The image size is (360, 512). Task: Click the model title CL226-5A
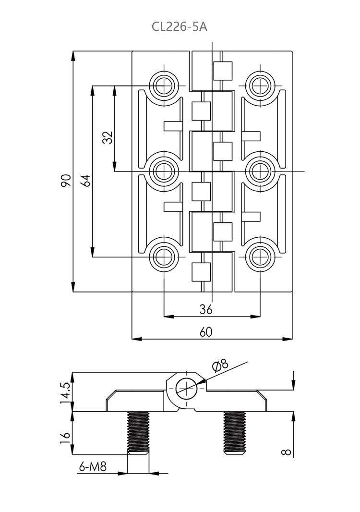(x=180, y=26)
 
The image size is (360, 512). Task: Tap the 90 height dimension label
(x=66, y=180)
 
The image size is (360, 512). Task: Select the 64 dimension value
(x=85, y=180)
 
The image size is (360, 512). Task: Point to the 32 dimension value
(x=108, y=138)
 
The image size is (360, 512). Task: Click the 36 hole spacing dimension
(x=205, y=309)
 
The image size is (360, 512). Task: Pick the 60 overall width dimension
(x=206, y=332)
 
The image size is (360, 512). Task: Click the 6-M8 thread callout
(x=93, y=466)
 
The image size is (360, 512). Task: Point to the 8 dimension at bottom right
(x=286, y=451)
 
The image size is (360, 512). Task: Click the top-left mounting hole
(x=164, y=85)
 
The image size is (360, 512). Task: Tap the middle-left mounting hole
(x=164, y=171)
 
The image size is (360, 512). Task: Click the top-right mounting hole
(x=260, y=85)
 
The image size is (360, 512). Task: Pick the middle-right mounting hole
(x=260, y=171)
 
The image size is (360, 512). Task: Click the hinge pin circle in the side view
(x=186, y=388)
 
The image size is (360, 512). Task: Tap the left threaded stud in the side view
(x=138, y=432)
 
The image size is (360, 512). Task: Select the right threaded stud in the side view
(x=235, y=432)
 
